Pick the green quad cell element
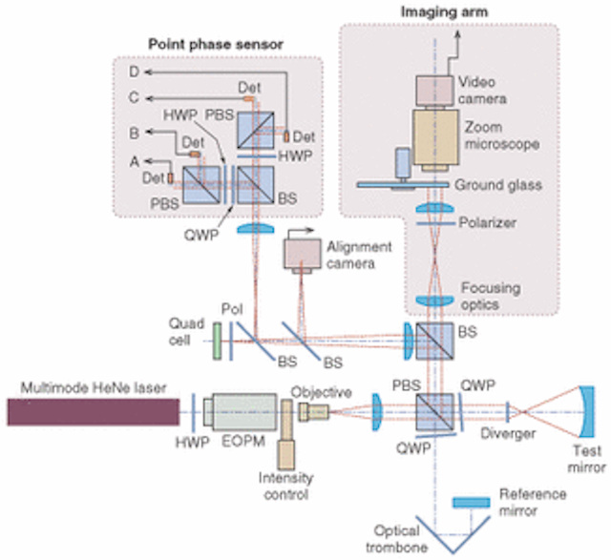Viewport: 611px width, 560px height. [218, 338]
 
